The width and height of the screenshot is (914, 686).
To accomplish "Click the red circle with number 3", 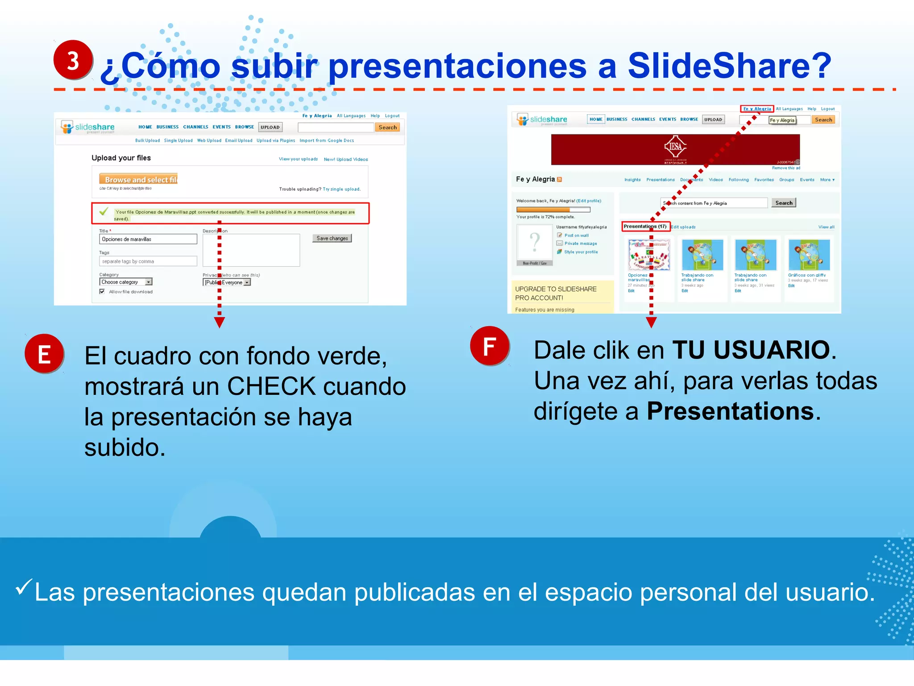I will (x=73, y=60).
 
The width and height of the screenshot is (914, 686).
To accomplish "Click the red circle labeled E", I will (x=44, y=354).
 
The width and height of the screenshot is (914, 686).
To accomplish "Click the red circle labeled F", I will (x=490, y=346).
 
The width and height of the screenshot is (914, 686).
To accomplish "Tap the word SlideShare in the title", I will (x=729, y=66).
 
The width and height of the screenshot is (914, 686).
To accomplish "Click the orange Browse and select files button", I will (x=139, y=179).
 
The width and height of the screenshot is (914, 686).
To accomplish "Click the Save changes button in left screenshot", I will (x=332, y=238).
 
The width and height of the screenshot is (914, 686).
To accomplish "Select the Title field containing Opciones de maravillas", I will (x=148, y=239).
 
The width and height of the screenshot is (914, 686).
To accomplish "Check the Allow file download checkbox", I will (x=102, y=291).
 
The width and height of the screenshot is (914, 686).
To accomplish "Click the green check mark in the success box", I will (x=104, y=211).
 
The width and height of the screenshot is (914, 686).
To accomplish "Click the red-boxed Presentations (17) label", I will (x=645, y=226).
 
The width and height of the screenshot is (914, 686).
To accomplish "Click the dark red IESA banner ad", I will (x=675, y=149).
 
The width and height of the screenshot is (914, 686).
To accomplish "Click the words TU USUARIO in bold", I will (x=751, y=350).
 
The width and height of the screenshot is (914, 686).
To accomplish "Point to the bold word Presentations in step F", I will (x=730, y=411).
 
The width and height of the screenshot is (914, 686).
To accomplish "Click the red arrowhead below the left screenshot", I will (x=219, y=322).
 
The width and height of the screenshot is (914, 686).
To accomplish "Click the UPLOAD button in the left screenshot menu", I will (x=270, y=127).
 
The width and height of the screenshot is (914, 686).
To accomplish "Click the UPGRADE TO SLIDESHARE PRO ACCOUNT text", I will (x=556, y=293).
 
